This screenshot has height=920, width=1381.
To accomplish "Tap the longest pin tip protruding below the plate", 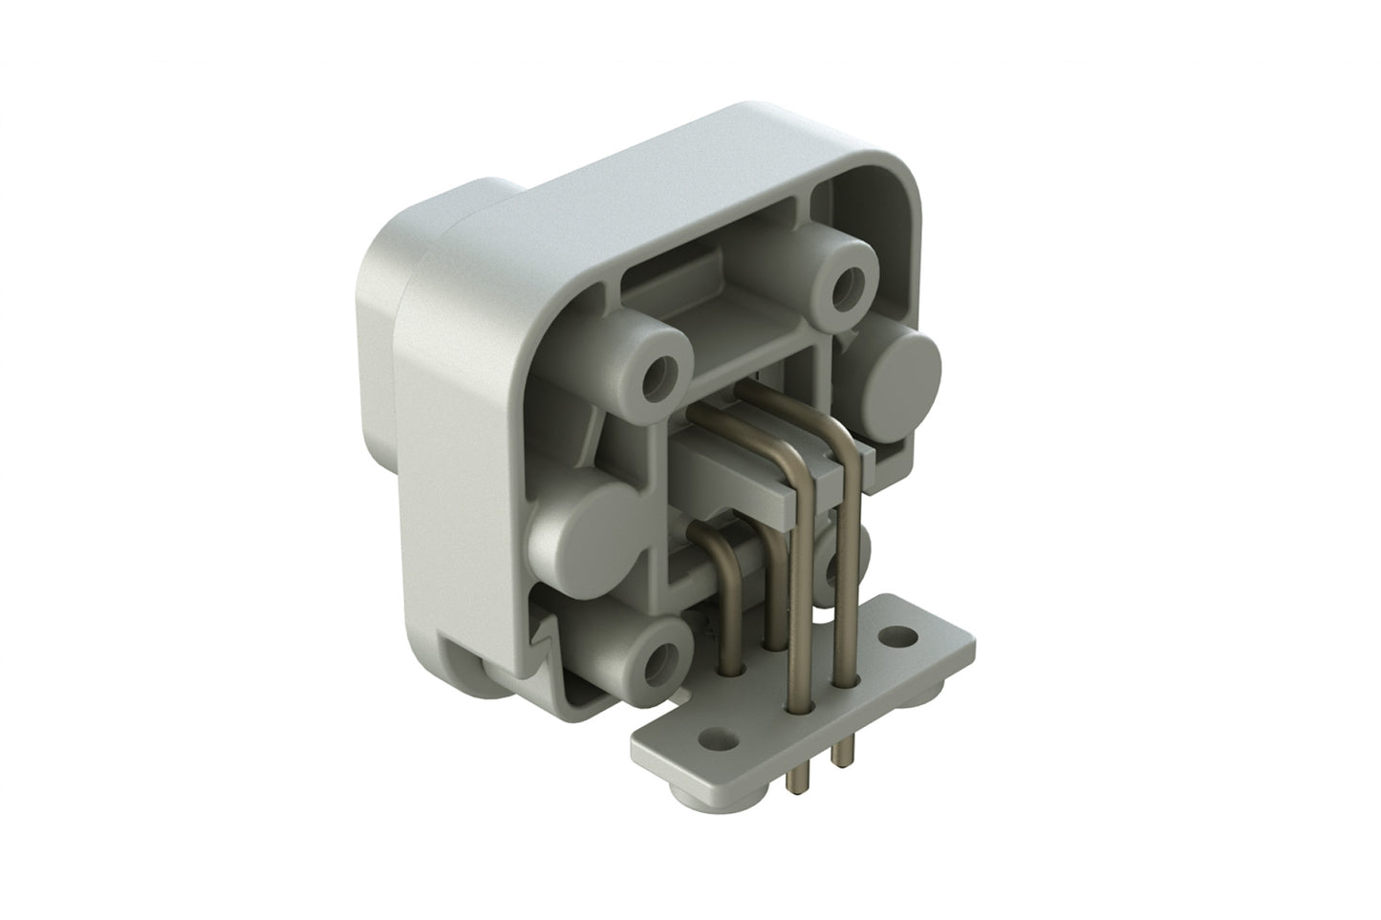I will [x=792, y=779].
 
